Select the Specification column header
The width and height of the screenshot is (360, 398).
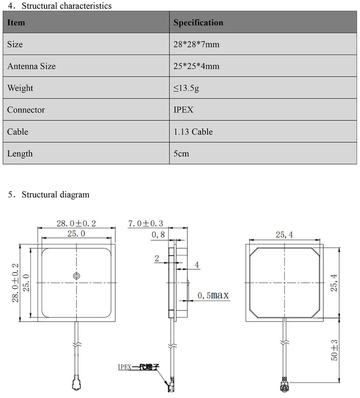(198, 22)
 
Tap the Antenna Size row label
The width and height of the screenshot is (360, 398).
(31, 66)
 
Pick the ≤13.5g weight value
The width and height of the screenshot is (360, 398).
(186, 88)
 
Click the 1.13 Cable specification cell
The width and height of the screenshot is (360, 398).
(193, 132)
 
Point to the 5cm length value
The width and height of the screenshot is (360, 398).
(181, 153)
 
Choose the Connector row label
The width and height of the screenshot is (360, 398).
(26, 110)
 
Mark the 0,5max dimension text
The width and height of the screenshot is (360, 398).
(213, 296)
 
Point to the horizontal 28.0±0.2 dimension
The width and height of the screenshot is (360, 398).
(76, 223)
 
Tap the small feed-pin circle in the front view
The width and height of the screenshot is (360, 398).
(76, 276)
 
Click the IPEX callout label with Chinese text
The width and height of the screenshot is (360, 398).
(138, 367)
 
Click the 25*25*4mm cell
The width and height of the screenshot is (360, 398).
(197, 66)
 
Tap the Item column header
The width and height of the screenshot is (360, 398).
(16, 22)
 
